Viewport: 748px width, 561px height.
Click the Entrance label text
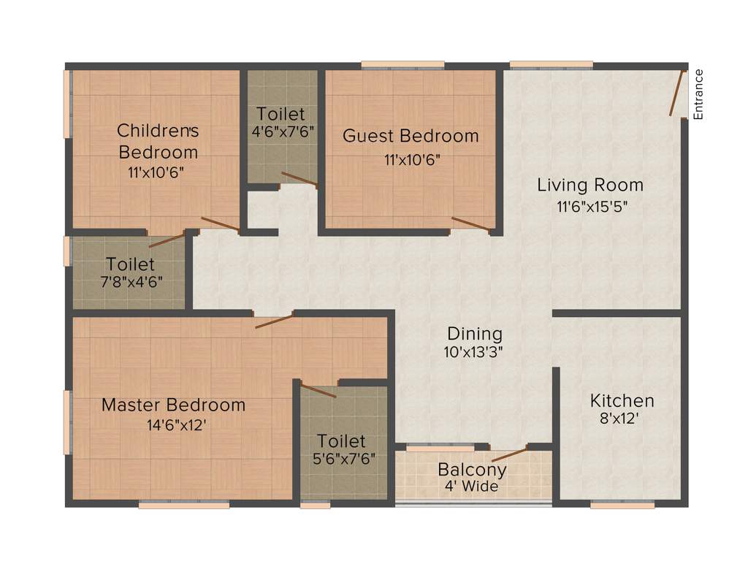click(698, 93)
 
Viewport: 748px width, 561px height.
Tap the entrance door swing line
click(678, 93)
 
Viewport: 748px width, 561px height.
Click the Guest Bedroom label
click(411, 136)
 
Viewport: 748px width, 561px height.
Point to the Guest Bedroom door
click(470, 224)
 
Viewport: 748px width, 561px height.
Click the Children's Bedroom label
click(159, 141)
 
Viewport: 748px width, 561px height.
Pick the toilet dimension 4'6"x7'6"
click(281, 132)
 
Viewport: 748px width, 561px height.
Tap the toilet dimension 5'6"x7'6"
click(341, 460)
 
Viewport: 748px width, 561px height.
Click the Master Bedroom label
click(173, 405)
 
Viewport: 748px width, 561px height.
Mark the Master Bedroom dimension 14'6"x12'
click(173, 424)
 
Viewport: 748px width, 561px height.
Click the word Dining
click(475, 334)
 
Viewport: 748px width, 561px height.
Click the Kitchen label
click(622, 400)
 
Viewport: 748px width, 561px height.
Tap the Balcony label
click(472, 469)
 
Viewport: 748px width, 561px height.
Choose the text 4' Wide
click(472, 486)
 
